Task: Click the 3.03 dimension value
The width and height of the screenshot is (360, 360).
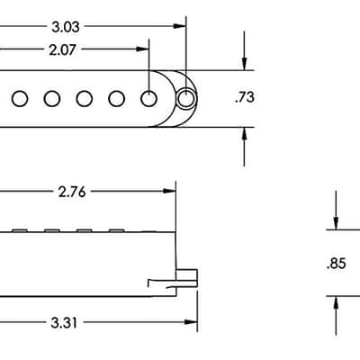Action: click(66, 27)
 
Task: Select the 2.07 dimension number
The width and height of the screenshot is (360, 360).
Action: click(62, 49)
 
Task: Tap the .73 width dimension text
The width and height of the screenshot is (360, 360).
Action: click(245, 97)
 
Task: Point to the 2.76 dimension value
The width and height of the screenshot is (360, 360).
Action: click(72, 192)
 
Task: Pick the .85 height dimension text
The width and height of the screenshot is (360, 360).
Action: click(337, 264)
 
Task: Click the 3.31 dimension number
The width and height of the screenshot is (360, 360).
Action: click(64, 323)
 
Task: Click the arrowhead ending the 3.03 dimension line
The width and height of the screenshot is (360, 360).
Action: click(180, 26)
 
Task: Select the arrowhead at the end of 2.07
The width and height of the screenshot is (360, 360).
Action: click(142, 49)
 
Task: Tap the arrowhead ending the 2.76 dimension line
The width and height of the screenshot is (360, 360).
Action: click(169, 191)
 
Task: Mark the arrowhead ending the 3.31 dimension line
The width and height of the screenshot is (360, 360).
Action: click(191, 322)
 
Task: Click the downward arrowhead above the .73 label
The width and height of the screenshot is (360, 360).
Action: click(244, 64)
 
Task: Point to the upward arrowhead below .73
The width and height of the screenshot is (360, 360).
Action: click(244, 134)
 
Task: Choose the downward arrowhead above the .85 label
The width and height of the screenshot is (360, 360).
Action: click(336, 223)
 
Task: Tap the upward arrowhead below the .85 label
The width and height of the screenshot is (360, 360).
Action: click(336, 302)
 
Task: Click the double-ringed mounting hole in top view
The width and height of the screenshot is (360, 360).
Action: click(186, 99)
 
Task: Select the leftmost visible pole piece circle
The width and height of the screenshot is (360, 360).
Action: click(20, 99)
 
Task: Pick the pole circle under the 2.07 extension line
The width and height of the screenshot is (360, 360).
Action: click(148, 99)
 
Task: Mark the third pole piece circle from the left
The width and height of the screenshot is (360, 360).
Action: click(85, 99)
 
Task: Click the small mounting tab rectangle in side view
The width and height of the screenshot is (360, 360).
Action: click(186, 274)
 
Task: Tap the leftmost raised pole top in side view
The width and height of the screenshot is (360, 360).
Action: click(20, 230)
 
